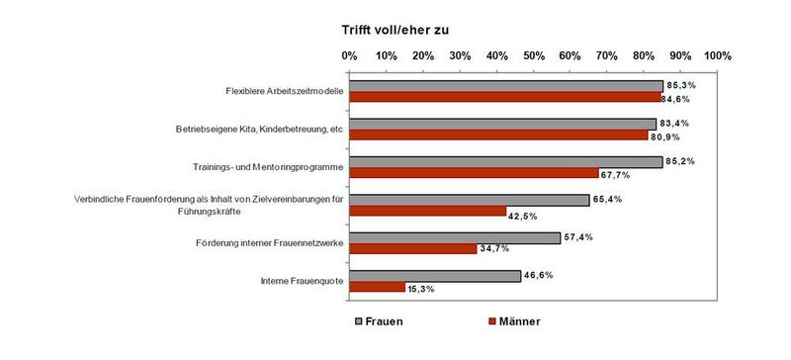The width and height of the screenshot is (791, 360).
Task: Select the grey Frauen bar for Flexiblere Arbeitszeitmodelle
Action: click(x=506, y=86)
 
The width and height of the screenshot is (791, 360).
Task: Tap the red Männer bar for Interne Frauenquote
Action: click(x=378, y=288)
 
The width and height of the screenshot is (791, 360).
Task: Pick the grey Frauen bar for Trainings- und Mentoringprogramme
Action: click(x=506, y=162)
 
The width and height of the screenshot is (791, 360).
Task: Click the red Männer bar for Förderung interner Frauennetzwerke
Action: click(x=413, y=249)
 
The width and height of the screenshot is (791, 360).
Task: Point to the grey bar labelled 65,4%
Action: click(x=470, y=200)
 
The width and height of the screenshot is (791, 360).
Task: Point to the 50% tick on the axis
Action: click(x=534, y=55)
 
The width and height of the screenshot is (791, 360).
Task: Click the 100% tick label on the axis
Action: click(x=717, y=55)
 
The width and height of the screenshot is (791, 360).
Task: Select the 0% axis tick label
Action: click(x=349, y=55)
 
